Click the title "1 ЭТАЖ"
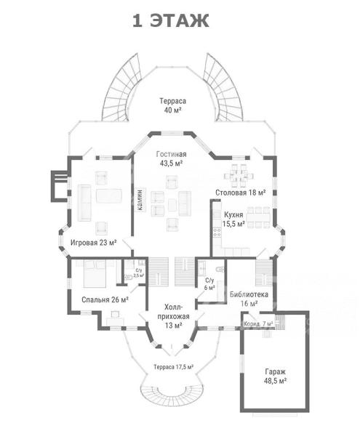click(170, 21)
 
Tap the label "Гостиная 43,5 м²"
click(171, 158)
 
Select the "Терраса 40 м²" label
click(172, 105)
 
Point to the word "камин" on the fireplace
click(140, 199)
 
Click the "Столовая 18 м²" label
click(241, 193)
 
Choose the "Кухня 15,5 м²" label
click(233, 219)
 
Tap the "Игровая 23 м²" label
click(94, 243)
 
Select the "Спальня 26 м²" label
click(105, 299)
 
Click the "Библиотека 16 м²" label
click(249, 299)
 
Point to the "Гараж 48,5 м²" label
click(275, 376)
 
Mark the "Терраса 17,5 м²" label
click(174, 367)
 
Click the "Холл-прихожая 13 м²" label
click(173, 316)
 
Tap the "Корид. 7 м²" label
click(258, 323)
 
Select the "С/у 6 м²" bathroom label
click(209, 284)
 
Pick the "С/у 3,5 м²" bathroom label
click(139, 272)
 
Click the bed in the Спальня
click(95, 274)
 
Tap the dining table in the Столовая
click(239, 176)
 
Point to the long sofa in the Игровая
click(84, 203)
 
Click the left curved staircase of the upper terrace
click(121, 88)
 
